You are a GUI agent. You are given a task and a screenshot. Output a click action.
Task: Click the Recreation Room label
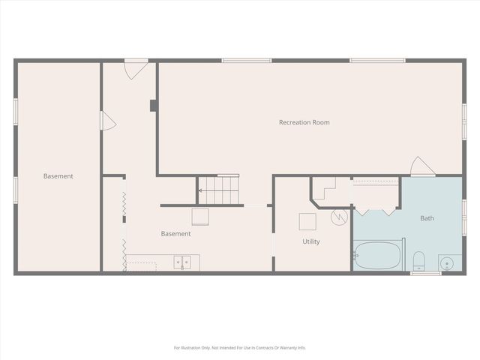pyautogui.click(x=304, y=122)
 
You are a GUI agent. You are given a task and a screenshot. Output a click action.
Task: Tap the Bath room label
pyautogui.click(x=427, y=218)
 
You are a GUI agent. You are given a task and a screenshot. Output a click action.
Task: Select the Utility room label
pyautogui.click(x=311, y=242)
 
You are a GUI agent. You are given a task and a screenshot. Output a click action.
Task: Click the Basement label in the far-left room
pyautogui.click(x=58, y=176)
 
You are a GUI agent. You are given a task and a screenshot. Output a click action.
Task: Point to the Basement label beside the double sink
pyautogui.click(x=175, y=233)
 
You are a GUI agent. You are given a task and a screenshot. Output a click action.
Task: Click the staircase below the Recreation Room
pyautogui.click(x=218, y=190)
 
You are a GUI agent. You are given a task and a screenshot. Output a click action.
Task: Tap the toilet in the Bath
pyautogui.click(x=419, y=261)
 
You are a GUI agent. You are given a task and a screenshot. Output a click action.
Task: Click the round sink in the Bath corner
pyautogui.click(x=448, y=262)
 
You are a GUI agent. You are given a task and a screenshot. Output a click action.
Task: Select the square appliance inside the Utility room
pyautogui.click(x=307, y=221)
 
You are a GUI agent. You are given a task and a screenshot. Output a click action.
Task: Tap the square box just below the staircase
pyautogui.click(x=200, y=217)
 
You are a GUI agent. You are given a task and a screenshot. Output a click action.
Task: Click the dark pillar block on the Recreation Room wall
pyautogui.click(x=153, y=105)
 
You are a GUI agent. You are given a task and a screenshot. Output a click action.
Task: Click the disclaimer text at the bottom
pyautogui.click(x=240, y=347)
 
